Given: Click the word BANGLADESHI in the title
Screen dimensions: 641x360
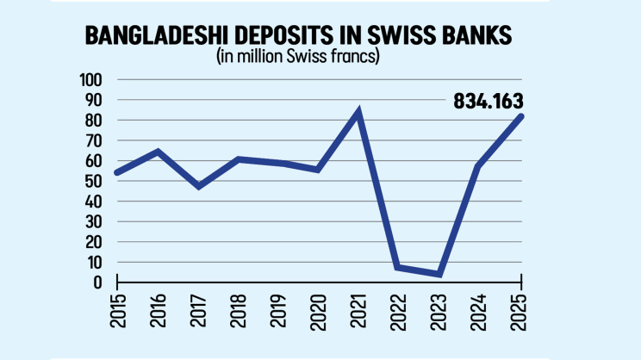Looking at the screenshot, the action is [x=156, y=35].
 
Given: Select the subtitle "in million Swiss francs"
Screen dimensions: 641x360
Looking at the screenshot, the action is [x=297, y=56].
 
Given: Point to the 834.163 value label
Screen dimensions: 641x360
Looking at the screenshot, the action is [x=489, y=102].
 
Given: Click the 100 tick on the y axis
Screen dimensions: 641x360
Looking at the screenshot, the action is [x=90, y=80].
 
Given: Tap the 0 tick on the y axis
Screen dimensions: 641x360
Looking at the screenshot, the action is [x=97, y=282].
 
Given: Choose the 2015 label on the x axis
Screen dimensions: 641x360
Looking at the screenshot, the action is [x=118, y=311].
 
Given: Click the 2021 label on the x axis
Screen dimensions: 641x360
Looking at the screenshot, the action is [x=358, y=311].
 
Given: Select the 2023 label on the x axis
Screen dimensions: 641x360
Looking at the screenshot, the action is [x=439, y=312].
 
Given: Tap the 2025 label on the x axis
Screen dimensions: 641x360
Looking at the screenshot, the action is [x=520, y=312].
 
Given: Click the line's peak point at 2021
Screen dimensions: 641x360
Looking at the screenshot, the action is [x=358, y=112].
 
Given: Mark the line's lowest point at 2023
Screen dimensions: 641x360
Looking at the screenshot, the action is [x=439, y=274].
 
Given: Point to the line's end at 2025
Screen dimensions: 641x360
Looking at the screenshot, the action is [x=520, y=117].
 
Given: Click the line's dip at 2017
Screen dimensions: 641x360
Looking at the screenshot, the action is [x=199, y=186].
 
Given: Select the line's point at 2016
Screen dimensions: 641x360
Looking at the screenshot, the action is [x=158, y=152].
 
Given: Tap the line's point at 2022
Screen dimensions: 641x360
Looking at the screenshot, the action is [x=397, y=267].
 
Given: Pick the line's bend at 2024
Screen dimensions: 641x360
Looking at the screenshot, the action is [x=479, y=166].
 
